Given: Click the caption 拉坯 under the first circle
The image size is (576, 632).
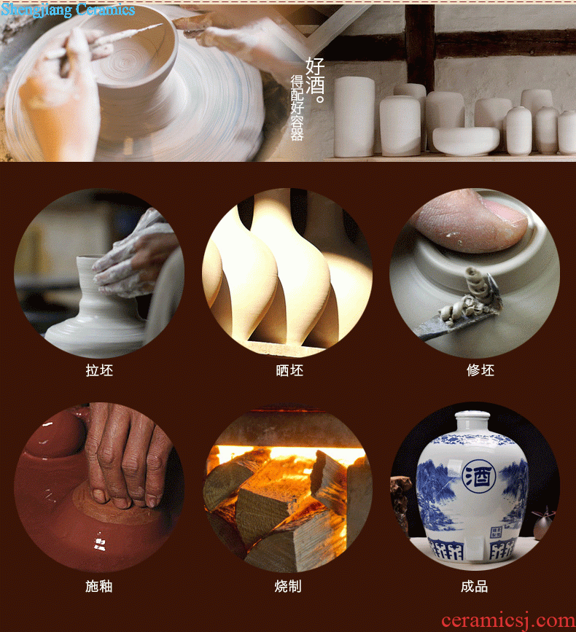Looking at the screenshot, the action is click(99, 370).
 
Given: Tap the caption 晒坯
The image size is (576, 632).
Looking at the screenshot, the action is click(289, 370).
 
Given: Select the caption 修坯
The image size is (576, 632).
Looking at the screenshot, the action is click(480, 370).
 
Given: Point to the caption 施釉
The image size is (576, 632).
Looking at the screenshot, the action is click(98, 586).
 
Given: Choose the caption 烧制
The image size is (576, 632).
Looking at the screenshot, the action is click(288, 586).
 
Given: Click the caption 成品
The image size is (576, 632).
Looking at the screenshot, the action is click(475, 586).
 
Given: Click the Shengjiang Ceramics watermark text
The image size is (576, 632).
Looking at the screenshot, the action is click(68, 9).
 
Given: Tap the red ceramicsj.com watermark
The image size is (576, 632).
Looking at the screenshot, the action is click(508, 620).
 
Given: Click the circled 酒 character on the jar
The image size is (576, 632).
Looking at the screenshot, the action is click(478, 477).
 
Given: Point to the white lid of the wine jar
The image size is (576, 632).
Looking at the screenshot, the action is click(472, 421).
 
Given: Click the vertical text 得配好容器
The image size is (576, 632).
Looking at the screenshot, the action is click(297, 107).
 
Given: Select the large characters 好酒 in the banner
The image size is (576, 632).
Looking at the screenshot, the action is click(314, 79).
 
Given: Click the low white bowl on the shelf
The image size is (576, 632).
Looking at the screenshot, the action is click(466, 141).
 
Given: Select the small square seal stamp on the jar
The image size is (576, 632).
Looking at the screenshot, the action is click(495, 532).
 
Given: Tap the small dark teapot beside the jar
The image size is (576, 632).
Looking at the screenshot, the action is click(543, 524).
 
